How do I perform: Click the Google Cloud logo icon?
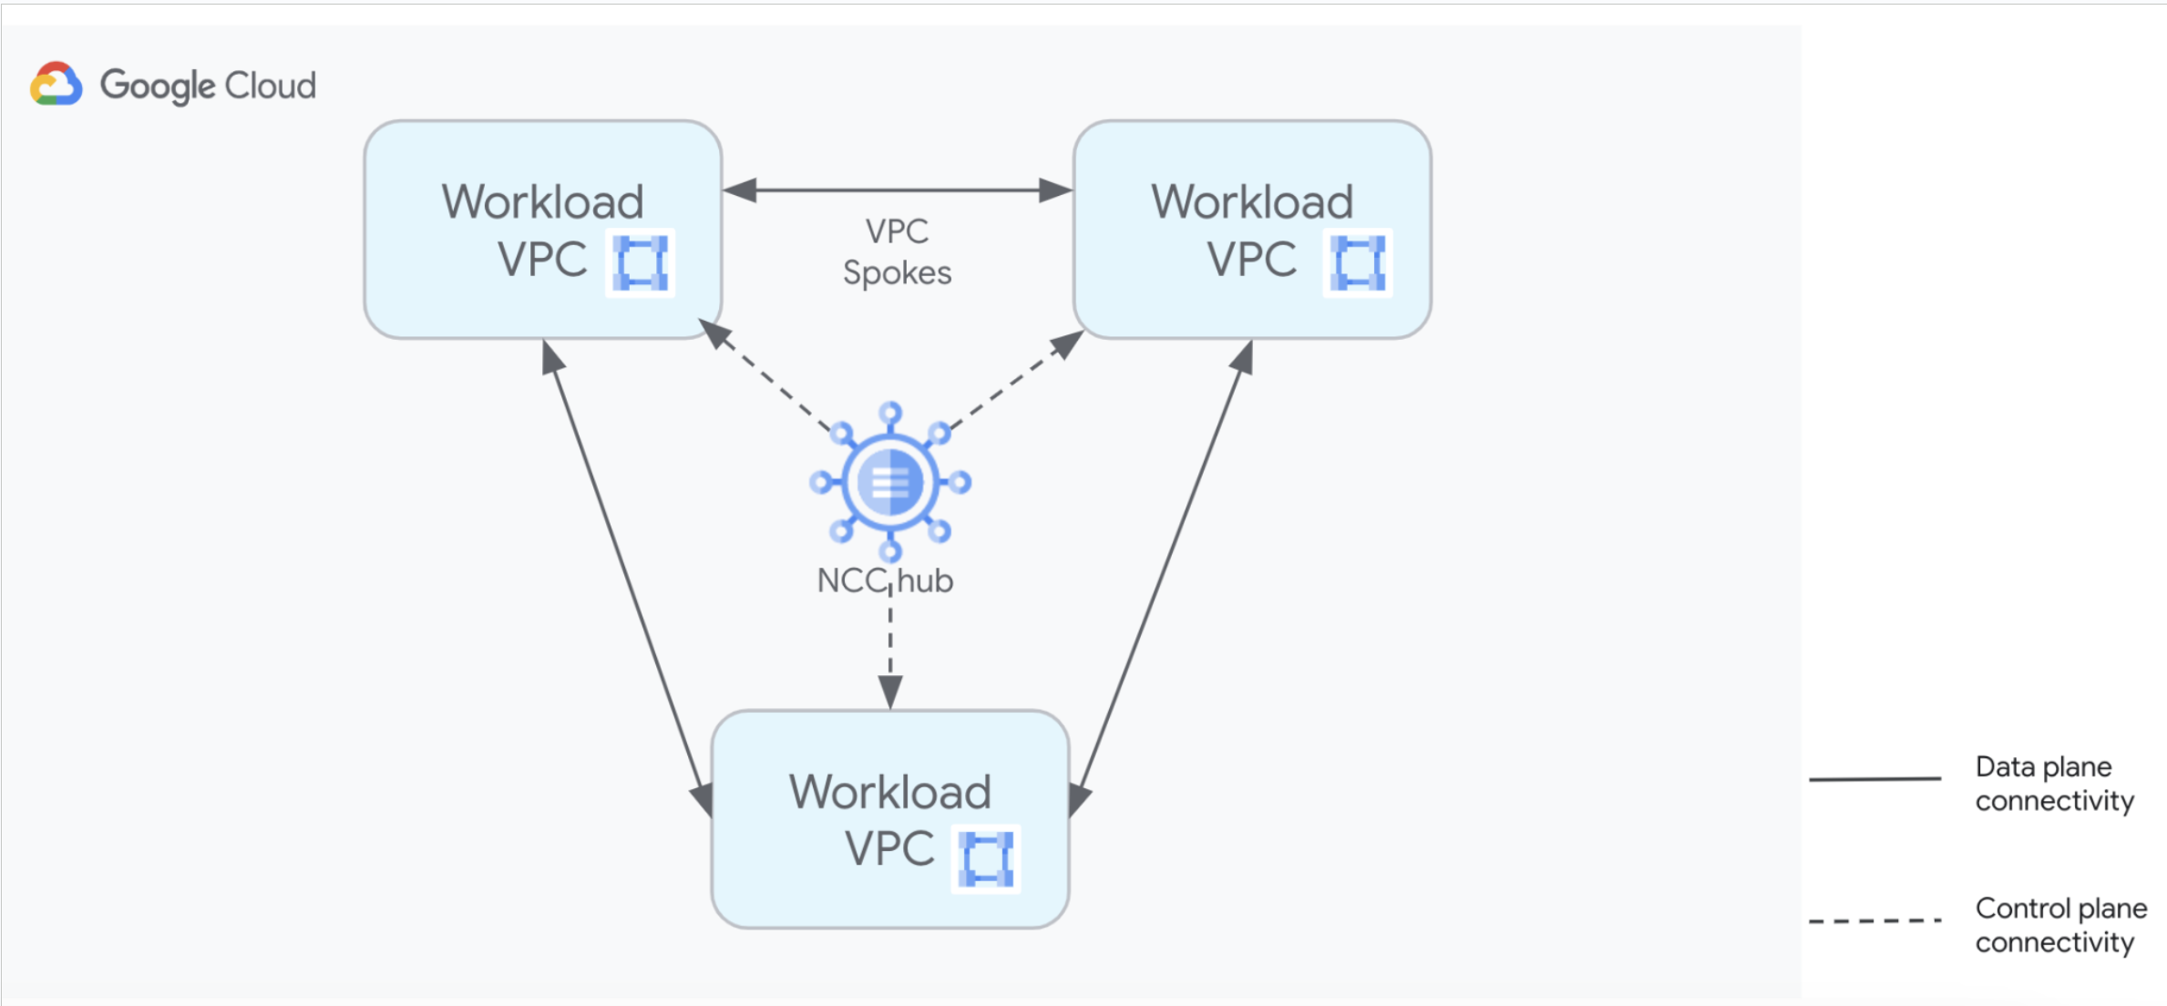[x=56, y=85]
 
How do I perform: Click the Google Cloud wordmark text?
[x=208, y=86]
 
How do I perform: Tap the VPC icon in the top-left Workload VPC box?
[x=641, y=262]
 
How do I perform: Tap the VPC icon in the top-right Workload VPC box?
[x=1358, y=262]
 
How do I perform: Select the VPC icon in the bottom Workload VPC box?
[x=986, y=858]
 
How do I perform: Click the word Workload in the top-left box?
[x=542, y=201]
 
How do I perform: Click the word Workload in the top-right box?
[x=1252, y=201]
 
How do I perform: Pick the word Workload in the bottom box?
[x=889, y=791]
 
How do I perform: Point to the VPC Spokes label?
[x=897, y=252]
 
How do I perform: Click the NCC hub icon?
[x=890, y=481]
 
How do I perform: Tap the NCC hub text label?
[x=885, y=580]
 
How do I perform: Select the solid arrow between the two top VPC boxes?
[x=898, y=190]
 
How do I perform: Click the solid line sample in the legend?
[x=1874, y=779]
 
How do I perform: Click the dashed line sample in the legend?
[x=1874, y=921]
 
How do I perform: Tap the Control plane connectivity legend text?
[x=2059, y=924]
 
